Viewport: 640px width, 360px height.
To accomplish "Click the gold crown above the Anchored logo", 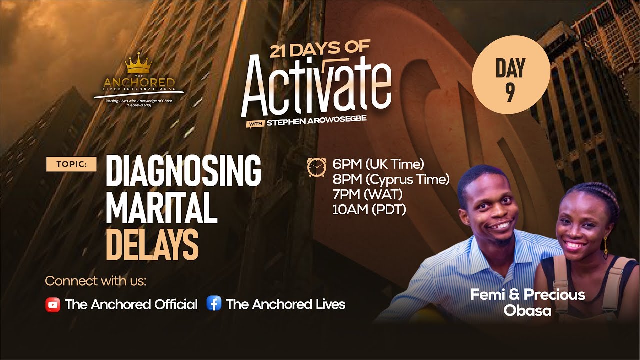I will pyautogui.click(x=138, y=64).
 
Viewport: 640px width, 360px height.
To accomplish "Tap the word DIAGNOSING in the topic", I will pyautogui.click(x=183, y=171).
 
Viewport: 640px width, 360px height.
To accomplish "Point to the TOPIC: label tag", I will pyautogui.click(x=71, y=164).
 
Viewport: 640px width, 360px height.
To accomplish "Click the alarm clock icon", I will pyautogui.click(x=316, y=167).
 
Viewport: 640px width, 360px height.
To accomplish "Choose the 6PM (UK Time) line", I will pyautogui.click(x=378, y=164).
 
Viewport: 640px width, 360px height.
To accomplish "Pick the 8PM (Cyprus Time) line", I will pyautogui.click(x=391, y=179).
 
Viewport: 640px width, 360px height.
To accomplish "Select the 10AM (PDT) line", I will pyautogui.click(x=369, y=209).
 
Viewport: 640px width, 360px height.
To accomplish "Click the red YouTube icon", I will pyautogui.click(x=52, y=304).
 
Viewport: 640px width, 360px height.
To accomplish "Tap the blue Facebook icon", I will pyautogui.click(x=214, y=304).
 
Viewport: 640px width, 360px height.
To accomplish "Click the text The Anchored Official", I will pyautogui.click(x=131, y=304).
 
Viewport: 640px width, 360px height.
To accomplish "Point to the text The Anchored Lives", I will pyautogui.click(x=285, y=304).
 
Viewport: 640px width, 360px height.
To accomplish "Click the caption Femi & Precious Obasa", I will pyautogui.click(x=527, y=302).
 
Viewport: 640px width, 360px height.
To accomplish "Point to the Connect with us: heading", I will pyautogui.click(x=96, y=281).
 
